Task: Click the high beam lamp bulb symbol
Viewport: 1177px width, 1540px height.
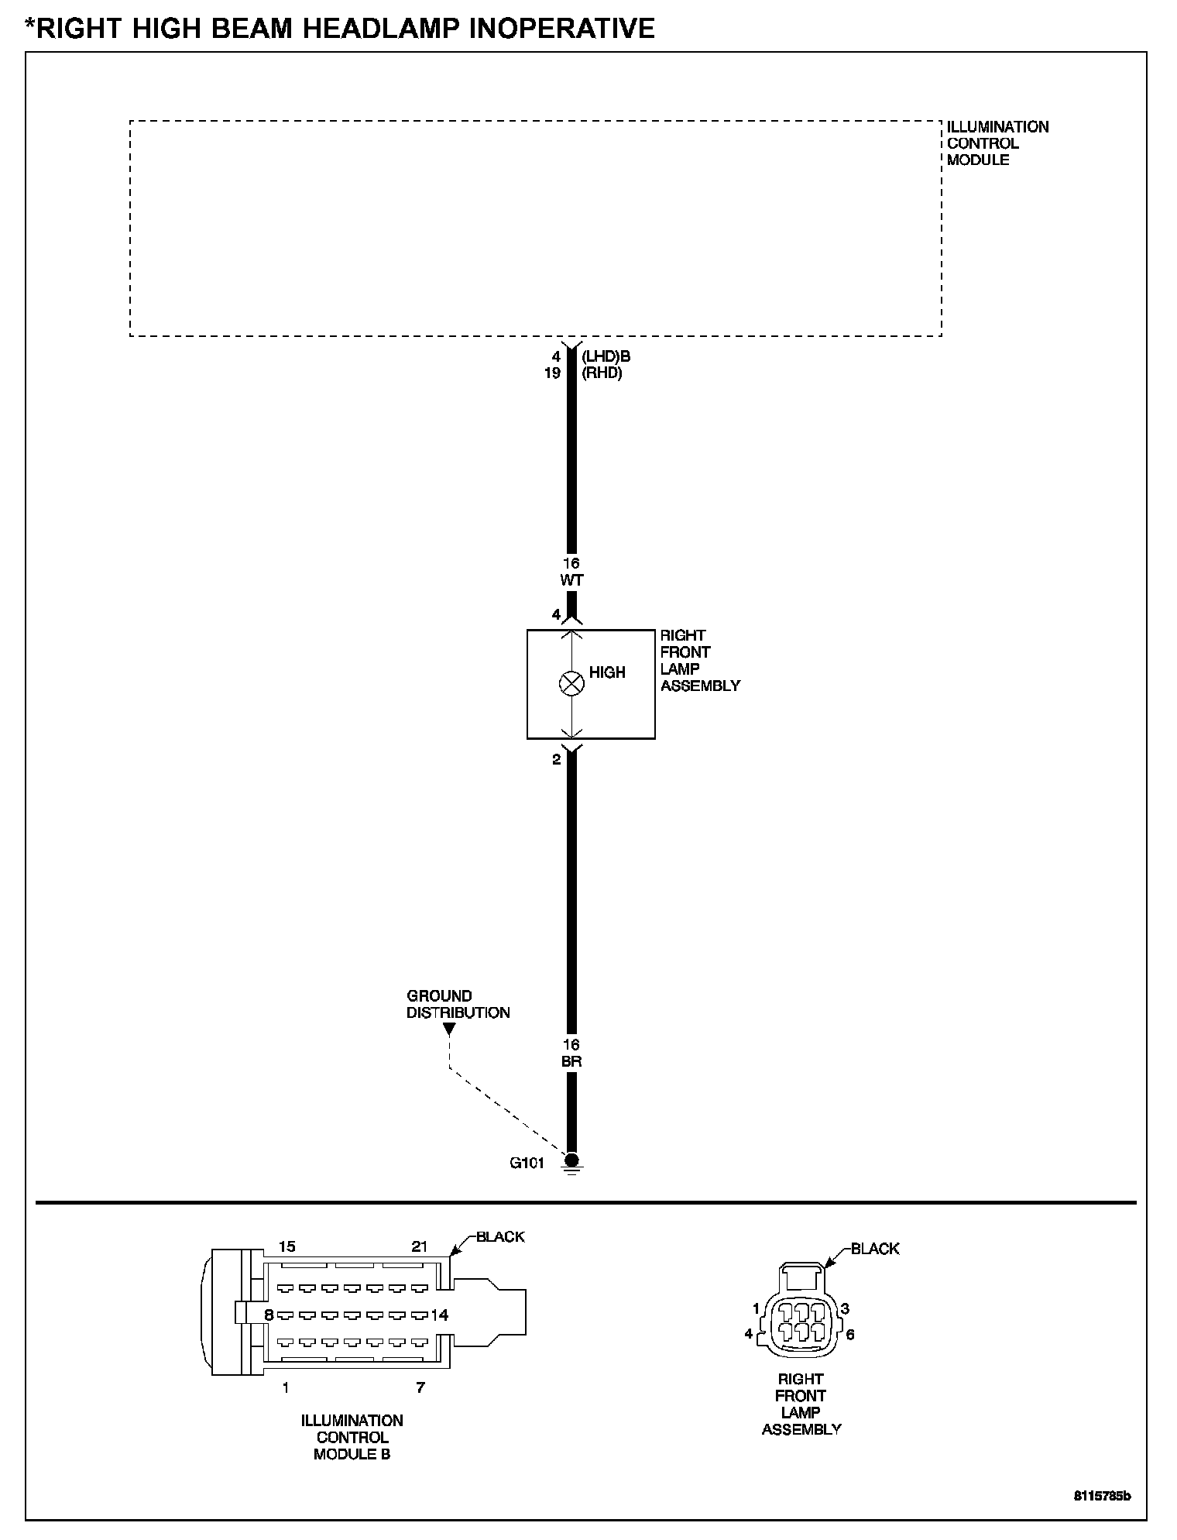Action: click(x=571, y=683)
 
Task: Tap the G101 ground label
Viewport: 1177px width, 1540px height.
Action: click(x=527, y=1163)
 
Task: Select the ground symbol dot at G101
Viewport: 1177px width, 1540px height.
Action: click(x=571, y=1160)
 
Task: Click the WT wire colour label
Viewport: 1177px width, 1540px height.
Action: click(x=571, y=579)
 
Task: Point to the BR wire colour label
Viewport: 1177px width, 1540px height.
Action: click(x=571, y=1062)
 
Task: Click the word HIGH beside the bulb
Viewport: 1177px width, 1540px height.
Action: click(x=607, y=672)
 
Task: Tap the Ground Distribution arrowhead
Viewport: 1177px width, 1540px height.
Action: click(x=449, y=1030)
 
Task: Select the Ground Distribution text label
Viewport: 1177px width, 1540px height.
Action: click(x=458, y=1004)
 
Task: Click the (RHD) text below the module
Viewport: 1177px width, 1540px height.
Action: click(x=602, y=373)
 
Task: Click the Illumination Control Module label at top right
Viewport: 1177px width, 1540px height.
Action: click(x=997, y=143)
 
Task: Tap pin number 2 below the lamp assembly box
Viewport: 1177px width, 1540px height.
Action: click(x=556, y=760)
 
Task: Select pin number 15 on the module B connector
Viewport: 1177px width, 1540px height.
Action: click(x=287, y=1246)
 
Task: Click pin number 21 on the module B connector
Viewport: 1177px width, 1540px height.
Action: click(x=419, y=1246)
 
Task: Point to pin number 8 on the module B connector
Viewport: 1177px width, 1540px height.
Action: click(x=269, y=1315)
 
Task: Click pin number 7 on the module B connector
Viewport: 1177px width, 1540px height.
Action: click(x=420, y=1387)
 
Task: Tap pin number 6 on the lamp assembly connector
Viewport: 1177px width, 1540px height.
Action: click(x=850, y=1335)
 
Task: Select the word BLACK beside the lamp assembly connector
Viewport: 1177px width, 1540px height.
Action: click(x=875, y=1249)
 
